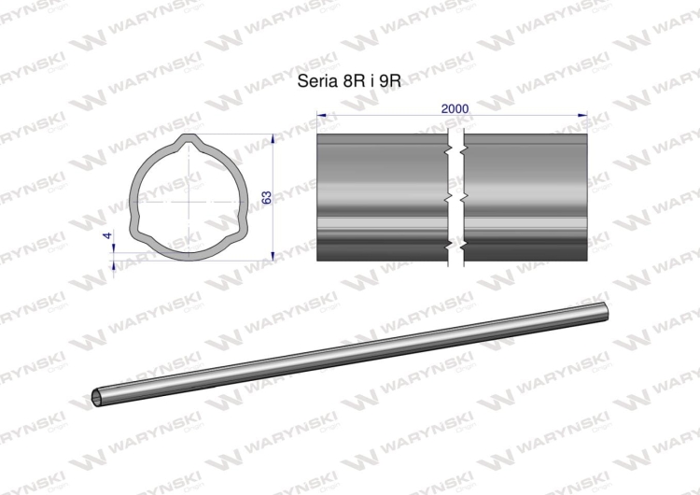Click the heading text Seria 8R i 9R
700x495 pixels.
pyautogui.click(x=349, y=81)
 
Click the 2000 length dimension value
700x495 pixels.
pyautogui.click(x=455, y=108)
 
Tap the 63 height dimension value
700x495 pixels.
pyautogui.click(x=266, y=197)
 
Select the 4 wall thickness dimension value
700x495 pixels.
pyautogui.click(x=107, y=235)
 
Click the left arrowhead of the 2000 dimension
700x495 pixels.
pyautogui.click(x=321, y=115)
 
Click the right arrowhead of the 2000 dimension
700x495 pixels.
pyautogui.click(x=582, y=115)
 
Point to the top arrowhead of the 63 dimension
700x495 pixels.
pyautogui.click(x=273, y=138)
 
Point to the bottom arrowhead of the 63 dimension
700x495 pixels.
pyautogui.click(x=273, y=256)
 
